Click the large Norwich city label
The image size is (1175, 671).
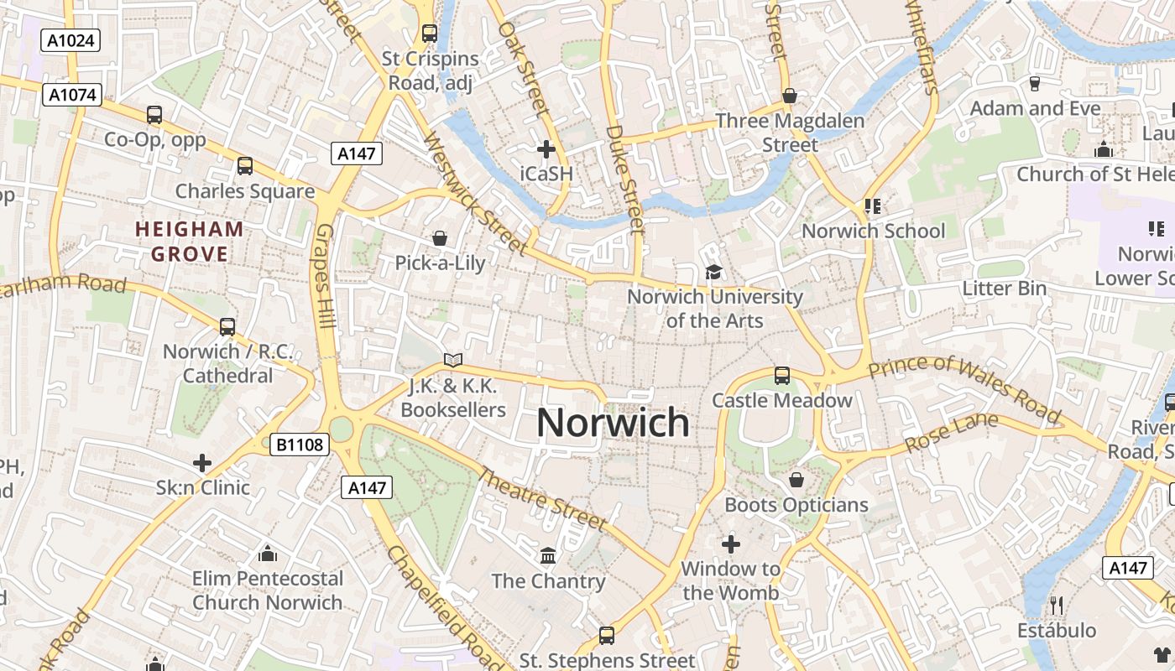(613, 423)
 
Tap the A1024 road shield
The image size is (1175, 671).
(71, 40)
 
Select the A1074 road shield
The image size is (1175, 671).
(71, 95)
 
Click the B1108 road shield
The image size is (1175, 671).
(300, 445)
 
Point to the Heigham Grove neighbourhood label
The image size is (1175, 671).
(189, 242)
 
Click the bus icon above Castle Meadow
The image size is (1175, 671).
(782, 375)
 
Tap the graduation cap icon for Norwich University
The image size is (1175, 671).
(713, 272)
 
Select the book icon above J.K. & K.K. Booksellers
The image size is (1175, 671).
(453, 361)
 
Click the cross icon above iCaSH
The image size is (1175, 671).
(546, 149)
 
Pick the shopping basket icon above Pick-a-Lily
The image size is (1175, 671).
(440, 239)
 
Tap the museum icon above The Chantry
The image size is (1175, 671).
(548, 555)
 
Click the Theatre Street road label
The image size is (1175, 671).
(541, 499)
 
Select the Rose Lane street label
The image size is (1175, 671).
(952, 431)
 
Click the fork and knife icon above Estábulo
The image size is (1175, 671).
(1057, 605)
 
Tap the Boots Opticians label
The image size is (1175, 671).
(796, 505)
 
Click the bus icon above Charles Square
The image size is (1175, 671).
(245, 166)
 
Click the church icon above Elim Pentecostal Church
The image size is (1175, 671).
(268, 554)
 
